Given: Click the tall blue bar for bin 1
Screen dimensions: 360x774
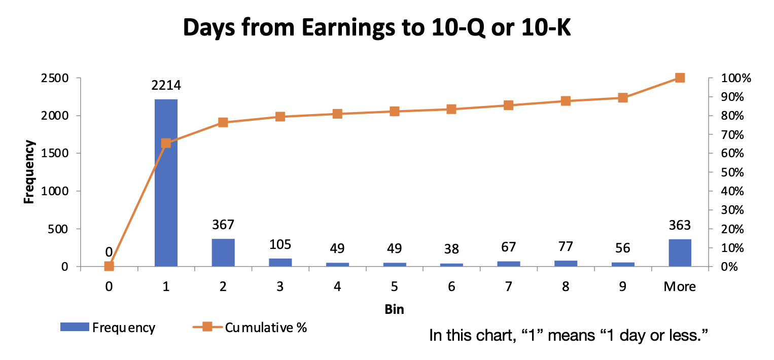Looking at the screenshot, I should tap(166, 183).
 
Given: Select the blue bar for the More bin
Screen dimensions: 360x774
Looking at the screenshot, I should tap(680, 253).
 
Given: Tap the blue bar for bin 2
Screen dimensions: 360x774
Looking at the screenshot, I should tap(223, 253).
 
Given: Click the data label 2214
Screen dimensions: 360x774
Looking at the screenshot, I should tap(166, 86).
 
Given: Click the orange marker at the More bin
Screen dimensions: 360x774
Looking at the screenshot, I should tap(680, 78).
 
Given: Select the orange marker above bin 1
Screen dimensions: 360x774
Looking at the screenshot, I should tap(166, 143).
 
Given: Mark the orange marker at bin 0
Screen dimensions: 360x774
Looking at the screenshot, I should tap(109, 266).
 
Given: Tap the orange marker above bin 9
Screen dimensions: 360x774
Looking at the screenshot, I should tap(623, 98).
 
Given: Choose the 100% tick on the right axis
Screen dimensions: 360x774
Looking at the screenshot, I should tap(734, 78).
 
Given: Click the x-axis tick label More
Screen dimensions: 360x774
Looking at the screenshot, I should tap(680, 286).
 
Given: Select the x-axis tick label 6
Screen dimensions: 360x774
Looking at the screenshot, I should tap(451, 286).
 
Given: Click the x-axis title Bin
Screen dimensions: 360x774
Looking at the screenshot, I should tap(394, 309).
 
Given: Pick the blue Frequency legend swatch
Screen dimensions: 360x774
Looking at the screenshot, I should tap(75, 328).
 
